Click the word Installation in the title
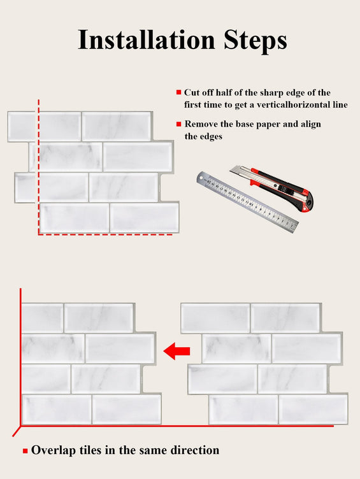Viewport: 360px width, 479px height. [x=147, y=39]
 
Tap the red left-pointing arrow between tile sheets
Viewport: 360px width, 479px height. [x=177, y=351]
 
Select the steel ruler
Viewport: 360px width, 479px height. [x=247, y=202]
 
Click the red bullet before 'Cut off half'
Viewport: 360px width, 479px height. [x=179, y=92]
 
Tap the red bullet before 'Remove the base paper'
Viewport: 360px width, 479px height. [x=179, y=124]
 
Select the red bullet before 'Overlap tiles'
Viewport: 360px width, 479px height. [x=25, y=451]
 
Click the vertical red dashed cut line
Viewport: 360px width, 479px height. [x=39, y=167]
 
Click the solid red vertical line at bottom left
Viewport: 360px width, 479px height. [x=20, y=357]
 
